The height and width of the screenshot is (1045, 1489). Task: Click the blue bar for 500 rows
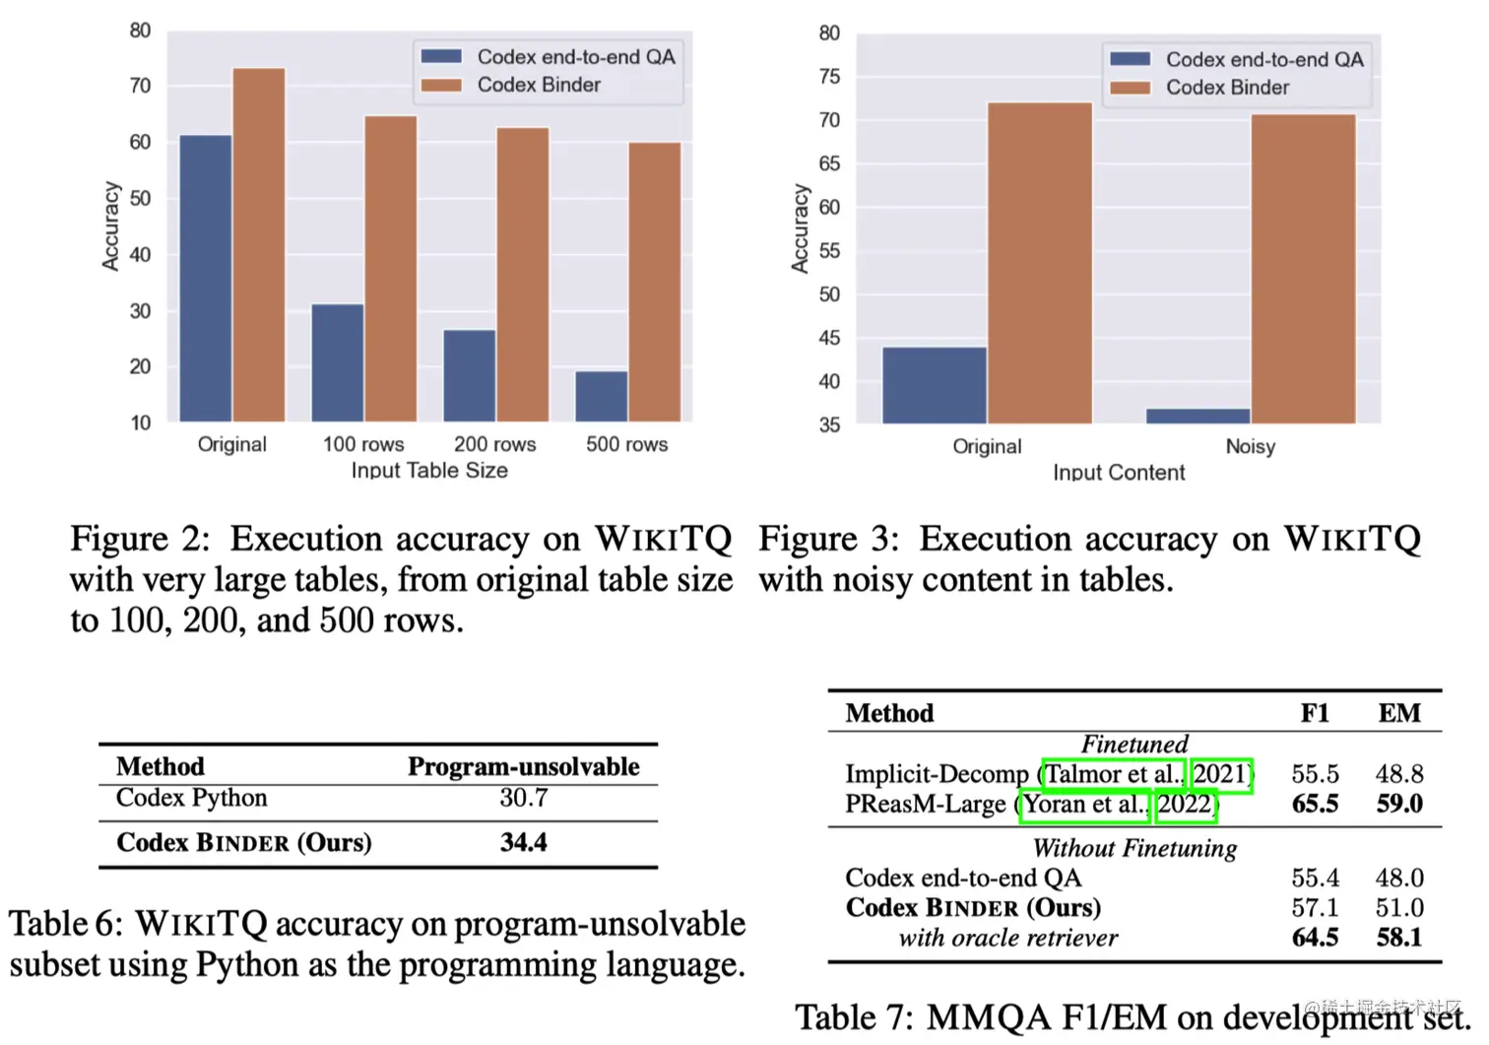click(601, 396)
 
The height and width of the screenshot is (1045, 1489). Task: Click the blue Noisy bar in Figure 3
click(1198, 416)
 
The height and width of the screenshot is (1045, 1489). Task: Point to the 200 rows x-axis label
click(494, 444)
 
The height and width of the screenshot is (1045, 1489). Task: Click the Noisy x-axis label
click(1250, 446)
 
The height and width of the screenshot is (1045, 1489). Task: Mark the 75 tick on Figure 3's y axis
click(829, 77)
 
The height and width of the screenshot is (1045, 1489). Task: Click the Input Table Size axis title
click(429, 471)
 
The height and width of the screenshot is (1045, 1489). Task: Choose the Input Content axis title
click(1119, 473)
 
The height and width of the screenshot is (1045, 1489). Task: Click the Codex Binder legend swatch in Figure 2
click(441, 85)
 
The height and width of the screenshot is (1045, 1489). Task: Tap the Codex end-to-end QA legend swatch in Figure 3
click(1130, 59)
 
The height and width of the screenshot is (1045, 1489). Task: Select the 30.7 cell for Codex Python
click(523, 798)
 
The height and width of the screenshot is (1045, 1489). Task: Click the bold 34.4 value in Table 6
click(523, 842)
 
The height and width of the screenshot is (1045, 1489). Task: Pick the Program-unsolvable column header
click(523, 766)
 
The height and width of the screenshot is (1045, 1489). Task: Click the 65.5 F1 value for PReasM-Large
click(1315, 804)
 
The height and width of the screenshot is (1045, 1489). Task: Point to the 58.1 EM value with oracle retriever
click(1398, 937)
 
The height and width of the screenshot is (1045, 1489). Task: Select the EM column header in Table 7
click(1398, 713)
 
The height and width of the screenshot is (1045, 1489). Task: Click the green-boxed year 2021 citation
click(1221, 774)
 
